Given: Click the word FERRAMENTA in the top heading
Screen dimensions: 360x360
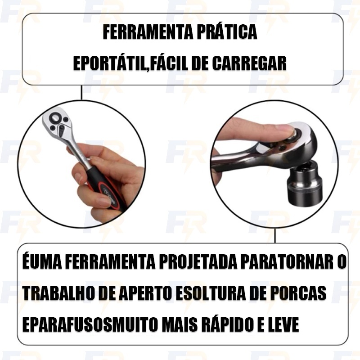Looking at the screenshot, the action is (147, 32).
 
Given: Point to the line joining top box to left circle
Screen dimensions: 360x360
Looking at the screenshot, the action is (81, 93).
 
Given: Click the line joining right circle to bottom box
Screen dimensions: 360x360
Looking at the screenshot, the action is (275, 235).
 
